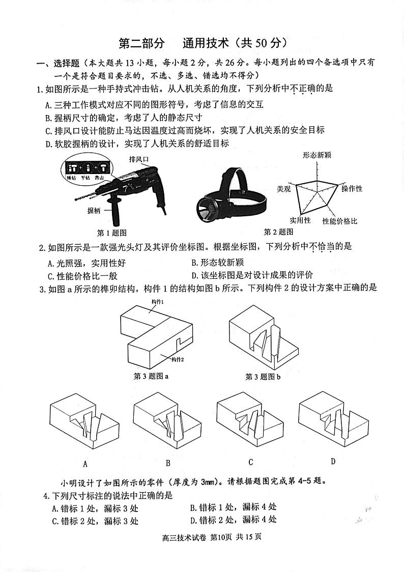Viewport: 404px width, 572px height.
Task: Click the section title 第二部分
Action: tap(141, 43)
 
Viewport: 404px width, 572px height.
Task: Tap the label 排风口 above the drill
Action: tap(139, 159)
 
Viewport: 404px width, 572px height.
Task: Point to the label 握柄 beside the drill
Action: tap(94, 210)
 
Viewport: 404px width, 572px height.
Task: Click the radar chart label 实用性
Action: tap(300, 220)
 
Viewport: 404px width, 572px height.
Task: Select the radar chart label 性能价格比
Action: tap(339, 221)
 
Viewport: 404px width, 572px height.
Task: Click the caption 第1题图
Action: tap(111, 233)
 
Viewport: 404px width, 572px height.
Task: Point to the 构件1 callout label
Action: tap(158, 302)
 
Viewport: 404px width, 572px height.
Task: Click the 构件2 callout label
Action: tap(178, 359)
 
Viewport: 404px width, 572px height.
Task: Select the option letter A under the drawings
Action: tap(85, 463)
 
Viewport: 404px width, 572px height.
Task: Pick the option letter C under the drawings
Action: tap(251, 462)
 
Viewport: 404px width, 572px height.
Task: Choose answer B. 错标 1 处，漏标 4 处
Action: tap(233, 507)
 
